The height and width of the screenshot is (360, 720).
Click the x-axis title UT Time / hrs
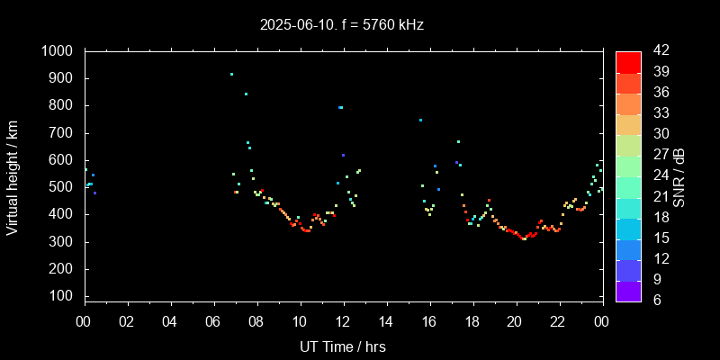coord(342,346)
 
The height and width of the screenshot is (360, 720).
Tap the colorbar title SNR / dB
coord(679,175)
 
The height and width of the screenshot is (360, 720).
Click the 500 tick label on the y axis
coord(64,187)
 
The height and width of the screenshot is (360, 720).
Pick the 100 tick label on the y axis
coord(64,296)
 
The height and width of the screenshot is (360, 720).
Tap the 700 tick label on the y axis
coord(64,133)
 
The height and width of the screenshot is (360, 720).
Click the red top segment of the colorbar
coord(628,61)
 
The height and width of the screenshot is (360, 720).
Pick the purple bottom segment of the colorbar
coord(628,291)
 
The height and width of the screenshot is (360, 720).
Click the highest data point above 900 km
coord(231,75)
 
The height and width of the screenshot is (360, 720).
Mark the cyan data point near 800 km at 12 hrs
coord(340,107)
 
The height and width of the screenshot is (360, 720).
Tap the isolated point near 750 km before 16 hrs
coord(419,120)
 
